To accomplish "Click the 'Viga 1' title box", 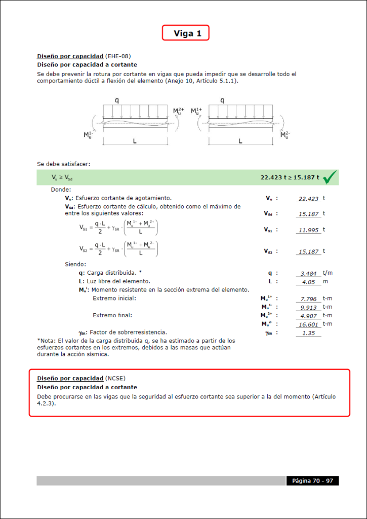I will (x=185, y=33).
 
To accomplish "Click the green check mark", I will (x=330, y=177).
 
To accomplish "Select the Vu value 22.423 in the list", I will (x=308, y=199).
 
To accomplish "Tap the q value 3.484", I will (x=308, y=273).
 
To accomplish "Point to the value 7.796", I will (x=308, y=299).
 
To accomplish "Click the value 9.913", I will (x=308, y=307).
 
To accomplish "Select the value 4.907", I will (x=308, y=316).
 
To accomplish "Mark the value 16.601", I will (x=308, y=324).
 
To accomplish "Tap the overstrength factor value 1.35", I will (x=308, y=332).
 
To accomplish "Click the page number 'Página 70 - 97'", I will (x=312, y=480).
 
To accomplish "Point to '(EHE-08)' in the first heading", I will (x=121, y=56).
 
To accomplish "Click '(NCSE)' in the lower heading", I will (x=115, y=379).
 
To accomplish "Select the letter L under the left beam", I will (x=135, y=141).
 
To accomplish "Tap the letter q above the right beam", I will (x=222, y=100).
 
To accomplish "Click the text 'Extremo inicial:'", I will (x=114, y=299).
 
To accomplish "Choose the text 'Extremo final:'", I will (x=112, y=315).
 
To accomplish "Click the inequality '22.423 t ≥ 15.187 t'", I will (x=290, y=177).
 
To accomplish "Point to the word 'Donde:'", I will (x=61, y=189).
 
